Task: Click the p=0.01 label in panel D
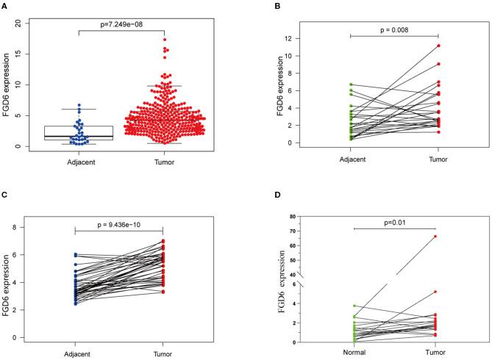coord(395,220)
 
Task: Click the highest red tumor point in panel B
coord(438,46)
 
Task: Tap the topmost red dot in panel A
coord(185,40)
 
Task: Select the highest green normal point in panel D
coord(354,306)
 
